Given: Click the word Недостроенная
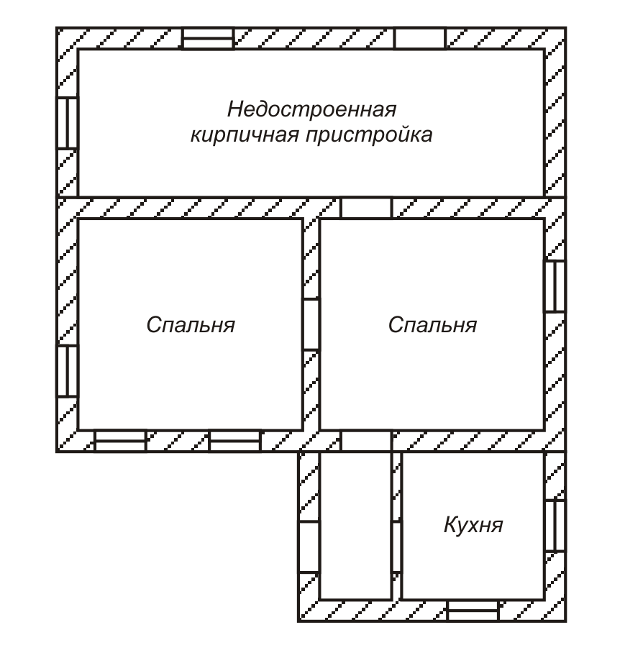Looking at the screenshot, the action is pyautogui.click(x=312, y=110).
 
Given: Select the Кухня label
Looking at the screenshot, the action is pyautogui.click(x=473, y=525).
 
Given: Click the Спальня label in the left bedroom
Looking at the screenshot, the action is pyautogui.click(x=191, y=325).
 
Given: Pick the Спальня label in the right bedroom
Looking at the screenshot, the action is pyautogui.click(x=432, y=325).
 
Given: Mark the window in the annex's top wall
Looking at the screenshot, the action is pyautogui.click(x=207, y=39).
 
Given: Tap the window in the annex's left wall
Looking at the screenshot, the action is pyautogui.click(x=68, y=123).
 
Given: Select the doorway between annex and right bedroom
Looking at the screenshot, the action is pyautogui.click(x=365, y=208).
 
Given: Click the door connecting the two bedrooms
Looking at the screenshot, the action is pyautogui.click(x=311, y=324).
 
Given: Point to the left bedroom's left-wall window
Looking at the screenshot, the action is pyautogui.click(x=68, y=370).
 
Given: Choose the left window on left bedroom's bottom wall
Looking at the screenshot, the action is pyautogui.click(x=120, y=441).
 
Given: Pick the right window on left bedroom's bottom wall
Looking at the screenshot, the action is pyautogui.click(x=234, y=441).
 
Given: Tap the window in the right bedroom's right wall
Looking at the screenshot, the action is pyautogui.click(x=554, y=286).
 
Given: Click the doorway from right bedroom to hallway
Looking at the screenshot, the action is pyautogui.click(x=365, y=441).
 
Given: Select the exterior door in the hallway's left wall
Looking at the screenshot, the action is pyautogui.click(x=309, y=547).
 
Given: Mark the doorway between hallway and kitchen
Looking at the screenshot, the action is pyautogui.click(x=396, y=547).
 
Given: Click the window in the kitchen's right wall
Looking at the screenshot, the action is pyautogui.click(x=555, y=525).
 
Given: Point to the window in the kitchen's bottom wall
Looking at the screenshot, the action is pyautogui.click(x=473, y=610).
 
